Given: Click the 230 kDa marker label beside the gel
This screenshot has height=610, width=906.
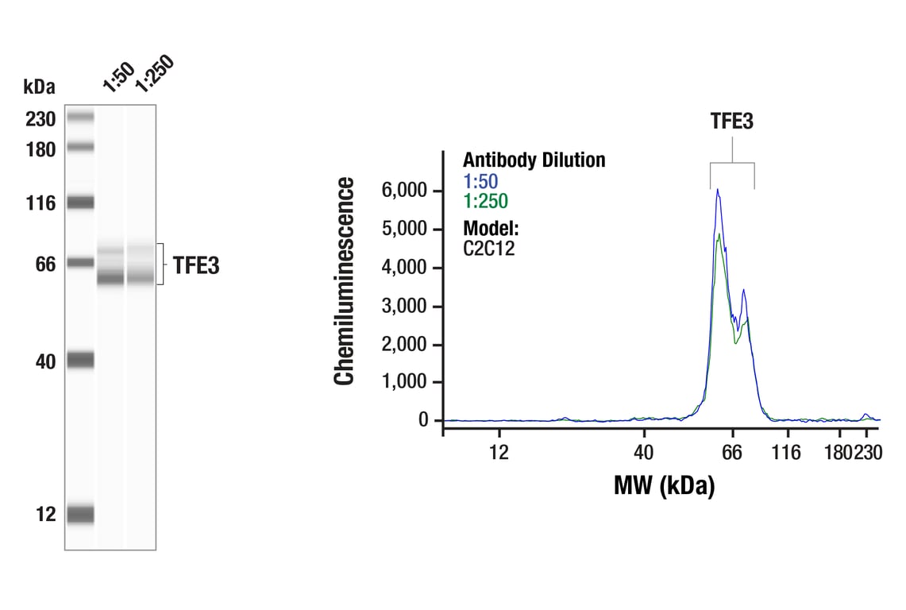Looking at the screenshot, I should tap(40, 120).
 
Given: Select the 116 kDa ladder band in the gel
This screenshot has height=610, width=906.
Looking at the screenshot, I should tap(80, 203).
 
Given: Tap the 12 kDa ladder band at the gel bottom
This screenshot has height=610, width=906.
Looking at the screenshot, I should tap(80, 515).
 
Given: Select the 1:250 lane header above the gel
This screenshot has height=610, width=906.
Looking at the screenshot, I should tap(152, 73).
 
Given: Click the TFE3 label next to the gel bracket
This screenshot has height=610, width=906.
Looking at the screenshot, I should tap(195, 266).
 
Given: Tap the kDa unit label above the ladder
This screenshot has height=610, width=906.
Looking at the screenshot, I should tap(39, 86).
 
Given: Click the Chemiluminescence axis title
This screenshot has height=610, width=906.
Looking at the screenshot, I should tap(344, 282).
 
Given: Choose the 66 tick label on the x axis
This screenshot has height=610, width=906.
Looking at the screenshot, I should tap(732, 453).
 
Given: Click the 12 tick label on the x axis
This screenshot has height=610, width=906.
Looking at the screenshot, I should tap(499, 453).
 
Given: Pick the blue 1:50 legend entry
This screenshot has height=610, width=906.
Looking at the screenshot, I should tap(480, 181).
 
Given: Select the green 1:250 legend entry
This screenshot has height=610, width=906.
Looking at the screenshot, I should tap(485, 201).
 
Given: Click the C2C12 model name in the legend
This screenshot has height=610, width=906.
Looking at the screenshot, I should tap(489, 248).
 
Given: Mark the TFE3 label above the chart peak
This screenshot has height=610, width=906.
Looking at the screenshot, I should tap(731, 122).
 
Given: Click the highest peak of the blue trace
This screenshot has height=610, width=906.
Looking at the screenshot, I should tap(717, 190).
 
